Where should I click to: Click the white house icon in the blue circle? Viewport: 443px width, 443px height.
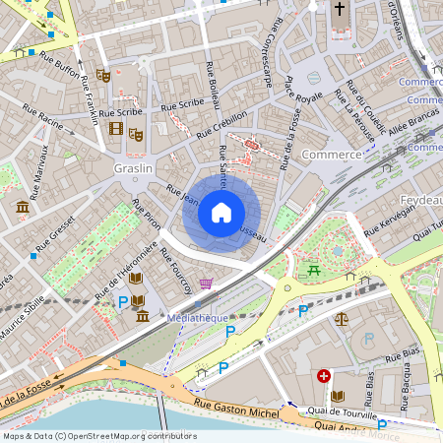221,212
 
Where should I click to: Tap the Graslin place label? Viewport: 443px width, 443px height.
132,167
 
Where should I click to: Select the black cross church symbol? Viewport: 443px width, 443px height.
340,10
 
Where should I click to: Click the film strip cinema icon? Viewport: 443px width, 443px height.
117,128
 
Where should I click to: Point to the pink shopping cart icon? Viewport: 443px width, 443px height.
206,284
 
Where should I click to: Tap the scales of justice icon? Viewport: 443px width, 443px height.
342,319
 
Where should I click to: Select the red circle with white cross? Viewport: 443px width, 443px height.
324,376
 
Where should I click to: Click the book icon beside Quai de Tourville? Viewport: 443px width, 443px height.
338,396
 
